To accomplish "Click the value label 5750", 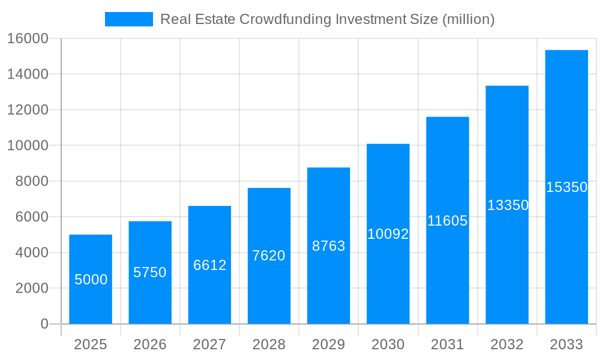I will tap(150, 272).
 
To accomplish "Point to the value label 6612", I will tap(209, 265).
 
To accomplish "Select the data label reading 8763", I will tap(328, 246).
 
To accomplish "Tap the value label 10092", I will tap(388, 234).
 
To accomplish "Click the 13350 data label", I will tap(508, 205).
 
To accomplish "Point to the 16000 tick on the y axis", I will tap(28, 38).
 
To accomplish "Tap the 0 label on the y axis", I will tap(44, 324).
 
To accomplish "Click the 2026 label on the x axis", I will tap(150, 344).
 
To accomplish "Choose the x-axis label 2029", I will tap(328, 344).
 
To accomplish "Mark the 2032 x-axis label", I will tap(507, 344).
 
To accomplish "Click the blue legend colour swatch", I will tap(129, 19).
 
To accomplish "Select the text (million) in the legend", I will tap(468, 19).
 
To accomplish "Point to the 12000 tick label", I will tap(28, 110).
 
